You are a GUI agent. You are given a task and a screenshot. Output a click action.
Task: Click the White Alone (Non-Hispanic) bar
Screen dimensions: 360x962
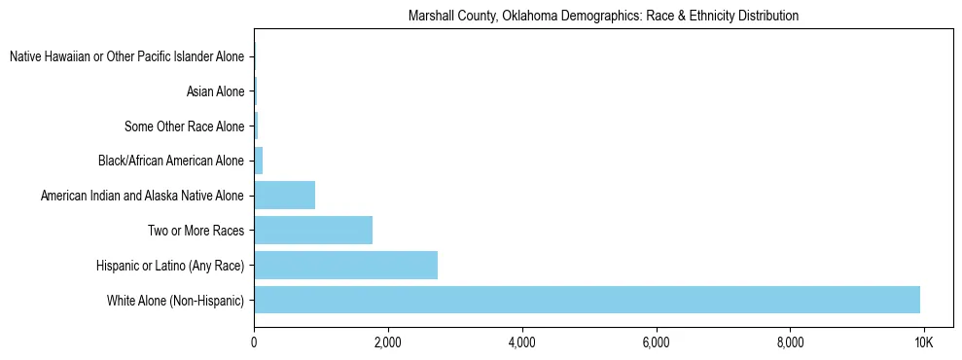[x=587, y=300]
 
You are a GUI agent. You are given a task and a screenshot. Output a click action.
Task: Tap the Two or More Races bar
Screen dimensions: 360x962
[x=313, y=231]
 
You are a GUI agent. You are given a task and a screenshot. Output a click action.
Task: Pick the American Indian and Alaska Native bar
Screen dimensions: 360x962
[x=284, y=196]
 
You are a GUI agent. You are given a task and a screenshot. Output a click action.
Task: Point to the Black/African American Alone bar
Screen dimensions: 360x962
[x=259, y=161]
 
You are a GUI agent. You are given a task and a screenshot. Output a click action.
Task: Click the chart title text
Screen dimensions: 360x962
[x=603, y=16]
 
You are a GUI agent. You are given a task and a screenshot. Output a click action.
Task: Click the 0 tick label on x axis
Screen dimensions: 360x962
[x=254, y=342]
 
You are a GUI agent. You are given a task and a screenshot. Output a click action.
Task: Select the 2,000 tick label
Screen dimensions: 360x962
[x=388, y=342]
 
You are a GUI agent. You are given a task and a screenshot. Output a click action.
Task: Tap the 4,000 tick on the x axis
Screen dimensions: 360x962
[x=522, y=342]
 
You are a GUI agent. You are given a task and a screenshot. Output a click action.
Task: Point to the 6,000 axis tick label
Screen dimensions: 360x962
[x=657, y=342]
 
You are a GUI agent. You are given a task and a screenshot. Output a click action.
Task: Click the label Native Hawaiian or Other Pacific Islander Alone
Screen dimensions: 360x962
[x=126, y=57]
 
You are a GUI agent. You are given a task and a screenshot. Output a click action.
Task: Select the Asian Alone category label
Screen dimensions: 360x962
[x=215, y=91]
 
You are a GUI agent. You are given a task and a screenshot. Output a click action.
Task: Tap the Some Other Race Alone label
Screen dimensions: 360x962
[x=184, y=126]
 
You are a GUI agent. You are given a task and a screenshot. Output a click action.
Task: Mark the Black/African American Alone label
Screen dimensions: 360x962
[x=171, y=161]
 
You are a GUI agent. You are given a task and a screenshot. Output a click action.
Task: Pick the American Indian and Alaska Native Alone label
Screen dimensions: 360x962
[x=142, y=196]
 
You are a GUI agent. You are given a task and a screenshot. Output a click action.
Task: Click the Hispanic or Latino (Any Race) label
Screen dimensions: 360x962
[x=170, y=265]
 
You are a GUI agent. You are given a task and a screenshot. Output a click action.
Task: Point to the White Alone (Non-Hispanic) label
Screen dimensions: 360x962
[x=175, y=300]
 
